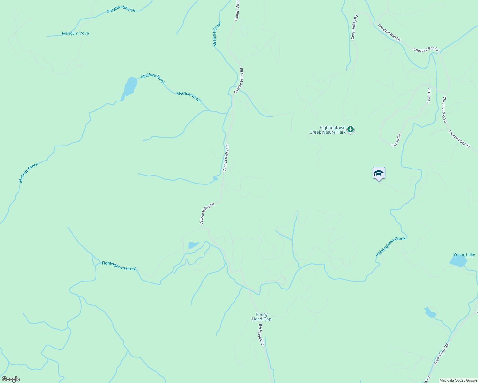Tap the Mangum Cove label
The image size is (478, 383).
click(x=75, y=33)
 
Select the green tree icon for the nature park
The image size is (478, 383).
click(x=351, y=129)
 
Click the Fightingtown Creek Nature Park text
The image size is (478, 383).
click(x=328, y=130)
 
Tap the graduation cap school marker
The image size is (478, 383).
click(x=379, y=173)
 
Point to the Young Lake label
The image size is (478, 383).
click(x=464, y=255)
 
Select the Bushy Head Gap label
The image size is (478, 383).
click(x=261, y=317)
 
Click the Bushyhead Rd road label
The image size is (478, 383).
click(x=261, y=335)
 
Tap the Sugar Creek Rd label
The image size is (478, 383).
click(x=441, y=354)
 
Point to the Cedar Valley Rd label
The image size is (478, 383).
click(x=354, y=27)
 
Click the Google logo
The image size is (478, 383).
click(x=11, y=379)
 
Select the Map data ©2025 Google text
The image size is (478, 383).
click(x=458, y=380)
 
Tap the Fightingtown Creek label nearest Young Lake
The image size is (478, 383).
click(x=390, y=247)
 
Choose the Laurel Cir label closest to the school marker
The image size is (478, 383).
click(x=396, y=140)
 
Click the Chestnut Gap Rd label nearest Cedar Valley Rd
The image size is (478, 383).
click(x=389, y=33)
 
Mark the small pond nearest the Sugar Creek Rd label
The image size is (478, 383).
click(x=430, y=313)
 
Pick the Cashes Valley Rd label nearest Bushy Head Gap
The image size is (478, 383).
click(x=207, y=214)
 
